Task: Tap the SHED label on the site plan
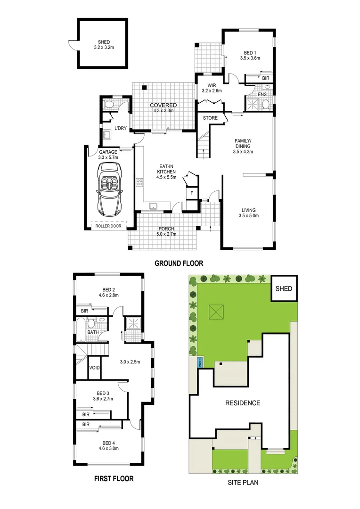click(284, 289)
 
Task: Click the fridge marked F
click(192, 193)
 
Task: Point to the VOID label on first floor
click(94, 368)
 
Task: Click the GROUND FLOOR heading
click(179, 263)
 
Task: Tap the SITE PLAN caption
click(243, 483)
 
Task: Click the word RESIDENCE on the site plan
click(242, 403)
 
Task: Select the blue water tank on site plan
click(203, 362)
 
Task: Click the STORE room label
click(210, 118)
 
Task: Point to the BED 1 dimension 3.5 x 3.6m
click(250, 58)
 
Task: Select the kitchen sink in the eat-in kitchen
click(154, 206)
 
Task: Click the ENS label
click(262, 95)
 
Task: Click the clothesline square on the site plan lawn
click(218, 312)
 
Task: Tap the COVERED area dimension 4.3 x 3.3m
click(163, 111)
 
